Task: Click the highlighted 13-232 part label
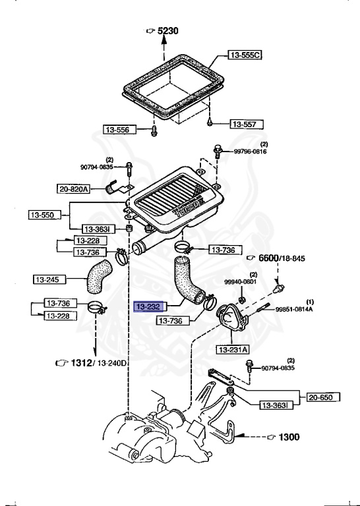pyautogui.click(x=149, y=306)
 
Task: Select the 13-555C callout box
pyautogui.click(x=245, y=55)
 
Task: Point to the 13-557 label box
pyautogui.click(x=247, y=125)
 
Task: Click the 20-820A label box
pyautogui.click(x=73, y=189)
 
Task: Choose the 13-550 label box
pyautogui.click(x=45, y=215)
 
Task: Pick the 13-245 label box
pyautogui.click(x=49, y=279)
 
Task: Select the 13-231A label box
pyautogui.click(x=233, y=349)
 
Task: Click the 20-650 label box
pyautogui.click(x=323, y=397)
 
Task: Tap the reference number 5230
pyautogui.click(x=168, y=31)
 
